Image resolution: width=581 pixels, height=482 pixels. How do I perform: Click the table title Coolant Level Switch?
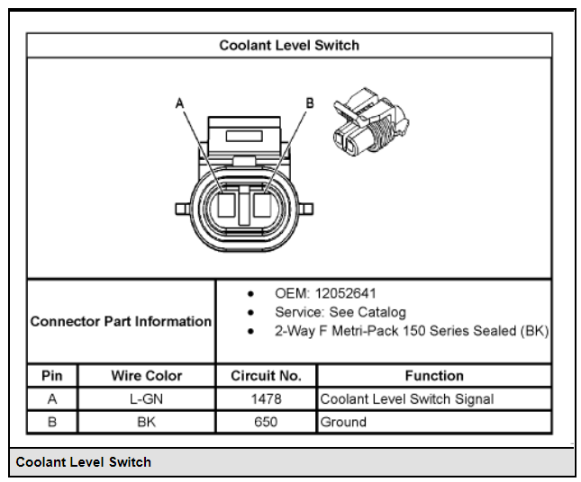pos(289,45)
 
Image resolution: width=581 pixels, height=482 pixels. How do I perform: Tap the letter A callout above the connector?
pos(179,103)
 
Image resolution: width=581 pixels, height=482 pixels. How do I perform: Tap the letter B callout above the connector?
pos(310,103)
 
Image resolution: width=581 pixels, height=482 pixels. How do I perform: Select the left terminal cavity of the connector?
pos(226,204)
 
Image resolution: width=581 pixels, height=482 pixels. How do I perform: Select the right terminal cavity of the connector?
pos(262,204)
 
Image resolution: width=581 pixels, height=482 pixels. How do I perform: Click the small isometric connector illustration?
pos(371,121)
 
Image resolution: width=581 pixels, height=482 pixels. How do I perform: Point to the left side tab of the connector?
pos(182,209)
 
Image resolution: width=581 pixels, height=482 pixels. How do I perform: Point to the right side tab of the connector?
pos(306,209)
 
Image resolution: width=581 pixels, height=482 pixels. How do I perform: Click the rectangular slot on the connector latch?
pos(244,136)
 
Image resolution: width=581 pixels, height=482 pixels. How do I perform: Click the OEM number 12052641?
pos(345,293)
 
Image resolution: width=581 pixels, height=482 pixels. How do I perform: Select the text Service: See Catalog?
pos(340,312)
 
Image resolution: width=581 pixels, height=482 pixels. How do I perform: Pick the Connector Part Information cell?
pos(121,321)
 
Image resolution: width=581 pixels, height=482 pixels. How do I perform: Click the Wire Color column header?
pos(146,376)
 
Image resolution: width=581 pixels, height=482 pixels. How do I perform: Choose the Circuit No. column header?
pos(266,376)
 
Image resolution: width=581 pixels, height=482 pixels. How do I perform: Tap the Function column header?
pos(434,376)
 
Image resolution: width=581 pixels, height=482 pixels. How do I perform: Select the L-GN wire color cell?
pos(146,398)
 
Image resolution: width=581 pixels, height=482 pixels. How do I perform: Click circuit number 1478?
pos(266,398)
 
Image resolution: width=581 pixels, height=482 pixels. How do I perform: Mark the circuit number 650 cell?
pos(266,422)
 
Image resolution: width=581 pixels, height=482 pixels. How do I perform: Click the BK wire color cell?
pos(146,422)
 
